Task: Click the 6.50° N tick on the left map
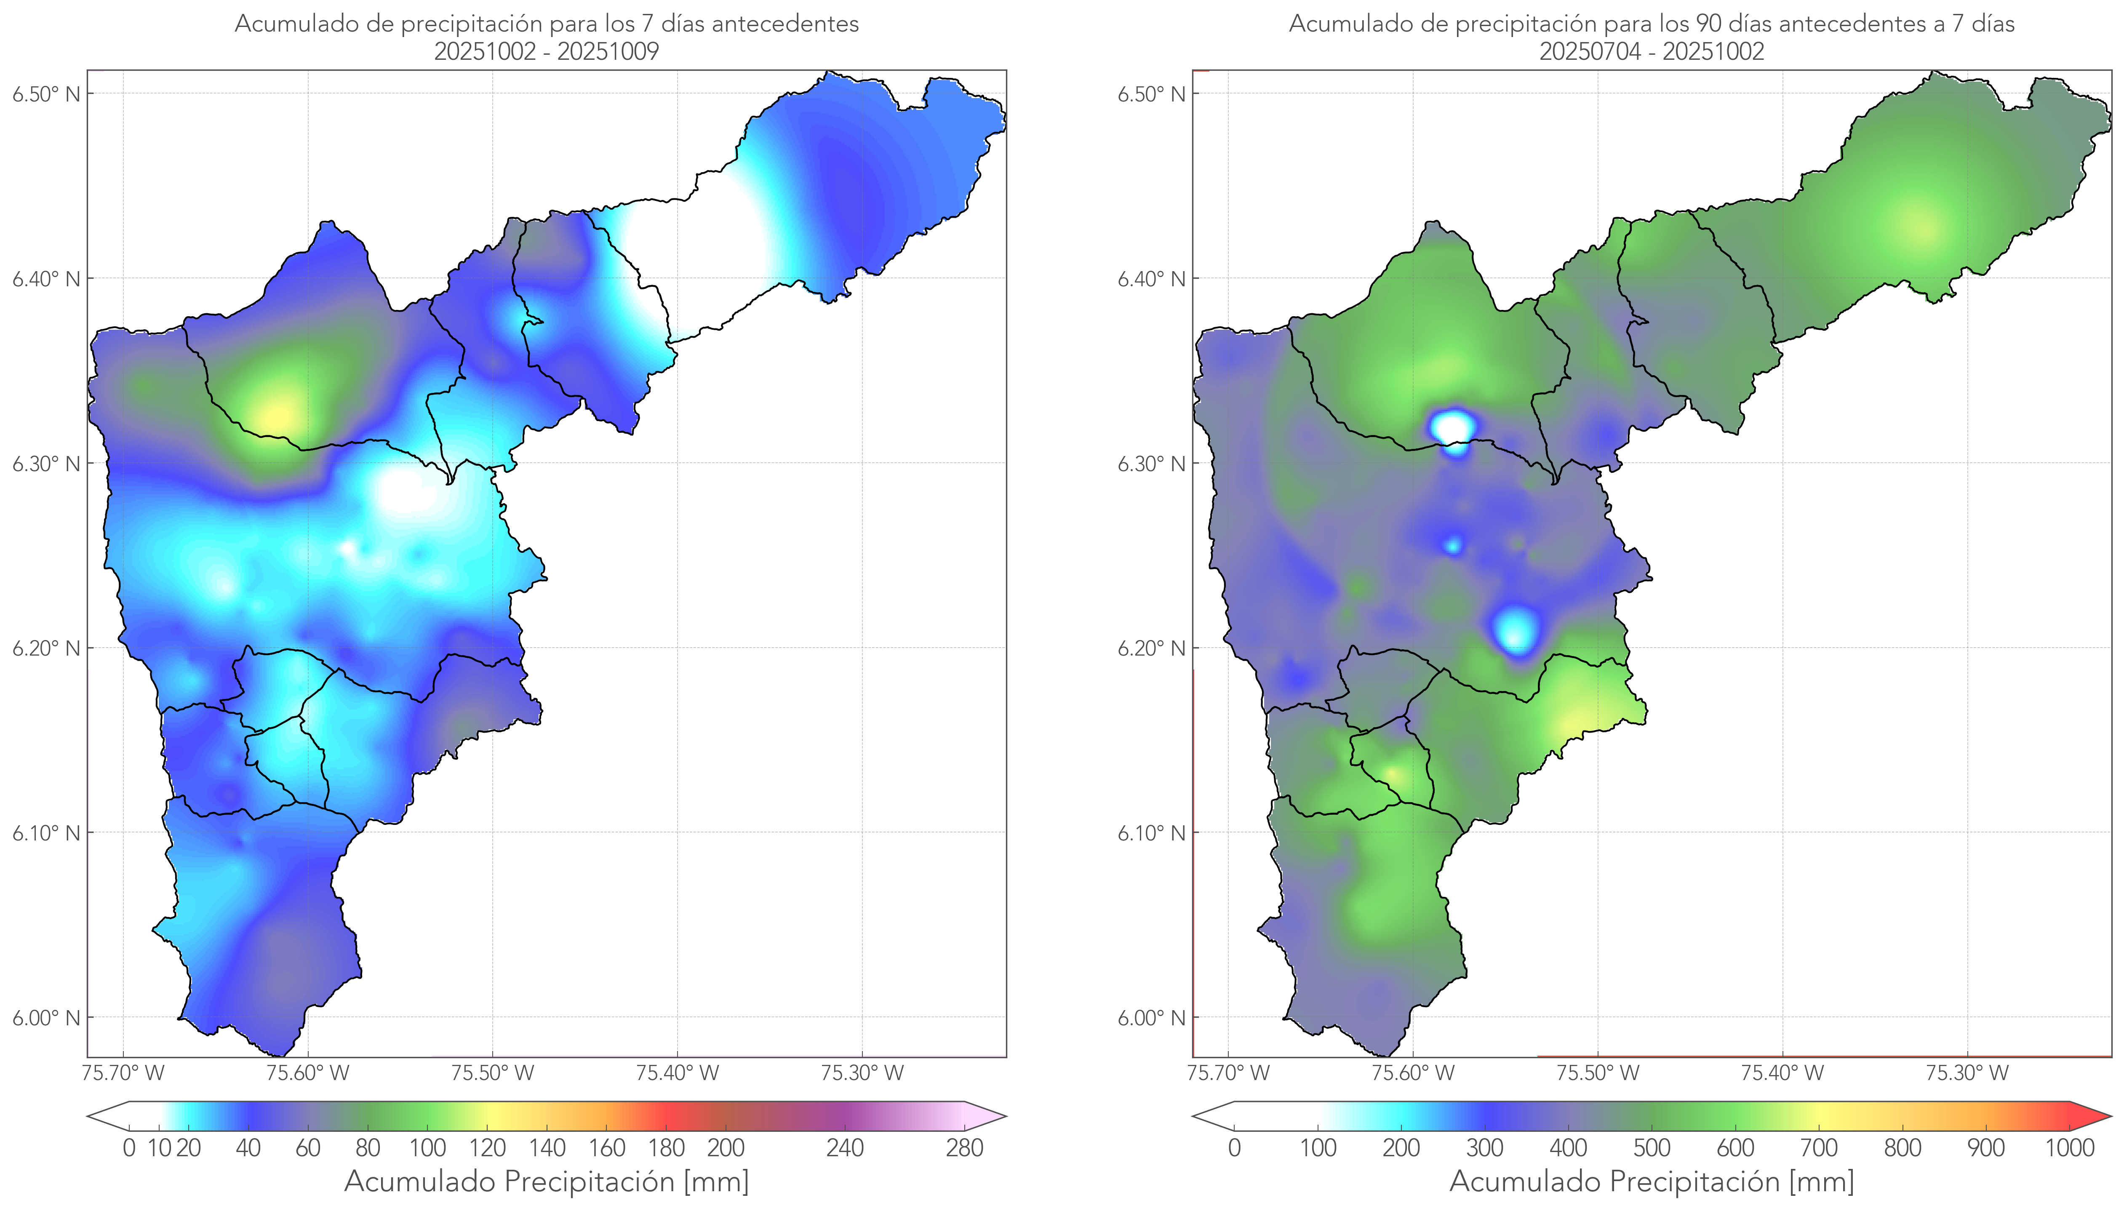click(x=47, y=94)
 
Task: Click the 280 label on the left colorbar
click(x=965, y=1148)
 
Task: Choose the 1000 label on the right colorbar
click(x=2069, y=1148)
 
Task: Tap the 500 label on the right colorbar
click(x=1652, y=1148)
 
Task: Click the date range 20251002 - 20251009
click(x=547, y=51)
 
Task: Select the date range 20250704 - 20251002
click(x=1652, y=51)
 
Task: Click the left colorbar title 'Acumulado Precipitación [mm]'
click(x=547, y=1181)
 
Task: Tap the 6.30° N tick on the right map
click(x=1152, y=463)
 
